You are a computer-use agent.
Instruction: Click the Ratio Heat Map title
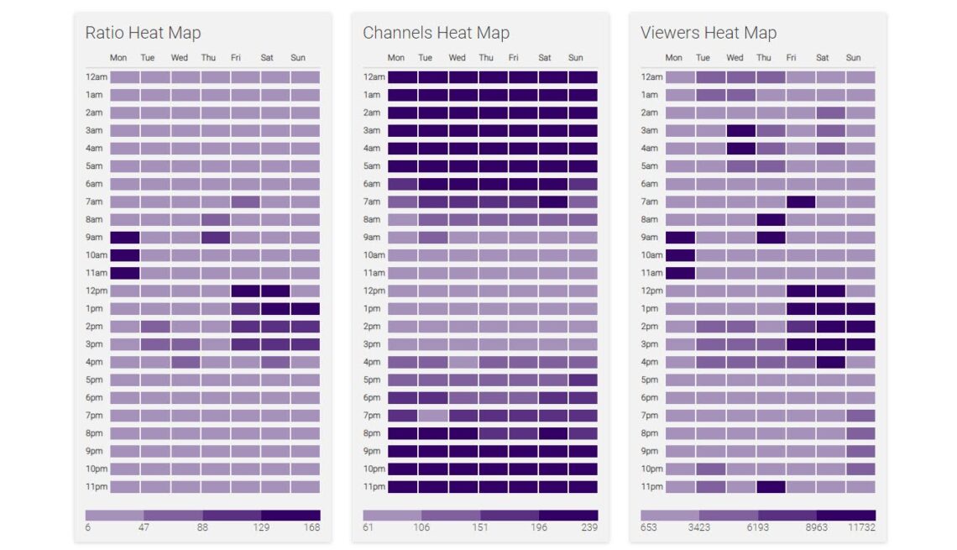click(x=143, y=33)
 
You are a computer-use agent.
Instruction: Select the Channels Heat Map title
click(x=436, y=33)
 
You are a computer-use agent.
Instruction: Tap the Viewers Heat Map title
click(x=708, y=33)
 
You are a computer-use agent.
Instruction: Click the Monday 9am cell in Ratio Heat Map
click(x=124, y=238)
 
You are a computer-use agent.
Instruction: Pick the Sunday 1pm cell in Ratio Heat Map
click(x=306, y=309)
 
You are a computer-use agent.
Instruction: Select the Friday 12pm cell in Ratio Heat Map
click(x=245, y=291)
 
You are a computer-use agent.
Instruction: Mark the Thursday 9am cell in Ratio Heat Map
click(x=215, y=238)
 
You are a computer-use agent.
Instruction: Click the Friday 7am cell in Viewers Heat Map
click(x=800, y=202)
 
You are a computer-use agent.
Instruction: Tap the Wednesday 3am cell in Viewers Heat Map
click(x=740, y=130)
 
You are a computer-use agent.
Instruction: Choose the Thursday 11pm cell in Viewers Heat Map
click(x=771, y=486)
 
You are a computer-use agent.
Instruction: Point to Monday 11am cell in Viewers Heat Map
click(x=680, y=273)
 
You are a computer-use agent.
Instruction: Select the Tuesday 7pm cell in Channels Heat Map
click(x=432, y=415)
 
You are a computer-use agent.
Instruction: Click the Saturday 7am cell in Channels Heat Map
click(x=553, y=202)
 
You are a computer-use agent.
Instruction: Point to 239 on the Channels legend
click(x=590, y=527)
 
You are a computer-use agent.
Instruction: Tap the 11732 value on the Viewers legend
click(x=862, y=527)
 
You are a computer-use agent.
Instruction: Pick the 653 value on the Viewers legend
click(x=649, y=527)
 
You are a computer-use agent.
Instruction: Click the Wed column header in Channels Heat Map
click(x=457, y=58)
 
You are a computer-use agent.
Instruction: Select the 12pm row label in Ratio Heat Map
click(x=96, y=291)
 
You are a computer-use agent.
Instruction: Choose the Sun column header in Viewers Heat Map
click(x=853, y=58)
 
